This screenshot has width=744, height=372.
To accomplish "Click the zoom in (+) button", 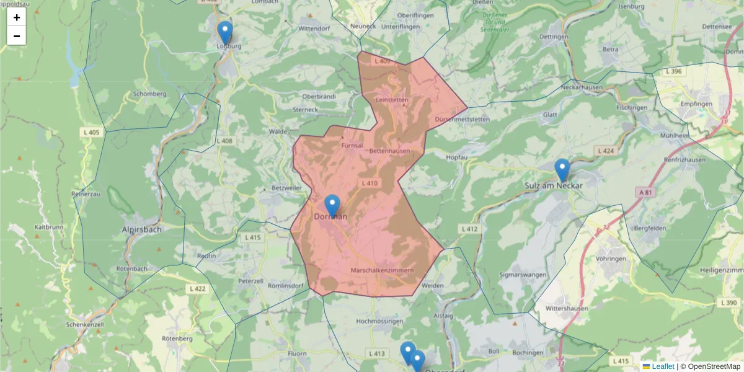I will pos(17,17).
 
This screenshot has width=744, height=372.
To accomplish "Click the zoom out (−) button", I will pos(17,36).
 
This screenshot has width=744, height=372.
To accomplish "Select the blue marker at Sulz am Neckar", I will pos(562,170).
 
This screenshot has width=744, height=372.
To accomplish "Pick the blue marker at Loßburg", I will pos(225,32).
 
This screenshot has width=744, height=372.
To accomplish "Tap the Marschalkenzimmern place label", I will pos(382,271).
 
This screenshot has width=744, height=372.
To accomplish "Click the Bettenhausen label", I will pos(389,151).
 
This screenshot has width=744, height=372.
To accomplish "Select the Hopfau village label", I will pos(456,157).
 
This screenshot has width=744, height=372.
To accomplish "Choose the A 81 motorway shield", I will pos(645,192).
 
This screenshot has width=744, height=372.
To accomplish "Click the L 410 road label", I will pos(370,183).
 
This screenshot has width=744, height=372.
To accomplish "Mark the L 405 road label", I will pos(91,132).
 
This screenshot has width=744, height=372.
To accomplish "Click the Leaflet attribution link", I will pos(663,366).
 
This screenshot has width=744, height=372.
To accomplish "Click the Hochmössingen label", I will pos(380,321).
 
